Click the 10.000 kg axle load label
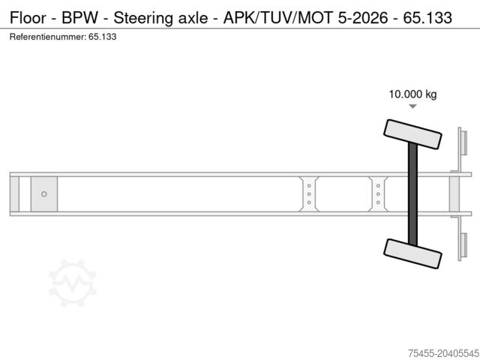pos(412,94)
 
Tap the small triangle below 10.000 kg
pos(412,107)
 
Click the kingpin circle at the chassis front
pos(44,193)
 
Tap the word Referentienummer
pos(46,36)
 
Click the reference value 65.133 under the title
pos(101,36)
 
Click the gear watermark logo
pos(73,283)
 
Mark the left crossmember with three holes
pos(309,193)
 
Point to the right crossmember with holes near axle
pos(378,193)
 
